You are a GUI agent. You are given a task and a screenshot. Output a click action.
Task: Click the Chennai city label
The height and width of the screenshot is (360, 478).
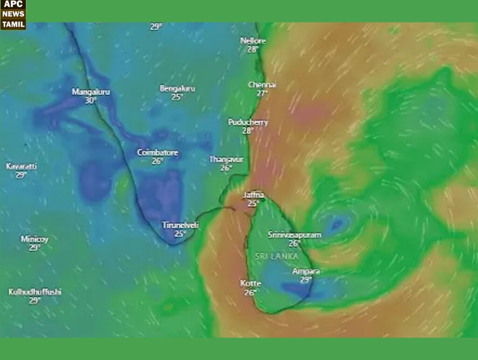[262, 85]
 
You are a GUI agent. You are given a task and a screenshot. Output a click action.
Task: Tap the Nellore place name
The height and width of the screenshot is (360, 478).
[253, 41]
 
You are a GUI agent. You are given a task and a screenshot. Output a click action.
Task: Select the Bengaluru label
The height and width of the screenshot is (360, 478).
[177, 88]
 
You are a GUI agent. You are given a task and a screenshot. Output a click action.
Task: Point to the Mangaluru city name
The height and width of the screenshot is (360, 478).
[91, 92]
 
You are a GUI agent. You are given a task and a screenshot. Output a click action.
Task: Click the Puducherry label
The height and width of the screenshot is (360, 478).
[248, 122]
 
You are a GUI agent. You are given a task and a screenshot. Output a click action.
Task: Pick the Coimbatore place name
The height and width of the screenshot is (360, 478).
[157, 153]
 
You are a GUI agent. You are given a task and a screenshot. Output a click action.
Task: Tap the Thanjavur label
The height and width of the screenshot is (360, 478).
[226, 159]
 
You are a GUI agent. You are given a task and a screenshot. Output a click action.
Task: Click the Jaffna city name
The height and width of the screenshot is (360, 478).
[253, 195]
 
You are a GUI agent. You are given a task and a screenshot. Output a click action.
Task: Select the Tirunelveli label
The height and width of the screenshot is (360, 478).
[181, 225]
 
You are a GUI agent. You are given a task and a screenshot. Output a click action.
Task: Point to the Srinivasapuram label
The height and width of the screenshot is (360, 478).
[295, 235]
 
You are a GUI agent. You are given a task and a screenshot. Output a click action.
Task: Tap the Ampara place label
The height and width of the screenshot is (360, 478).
[306, 271]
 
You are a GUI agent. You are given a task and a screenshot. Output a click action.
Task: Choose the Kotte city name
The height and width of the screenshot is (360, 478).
[251, 284]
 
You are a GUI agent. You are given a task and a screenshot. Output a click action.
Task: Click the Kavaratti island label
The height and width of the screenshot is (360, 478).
[21, 167]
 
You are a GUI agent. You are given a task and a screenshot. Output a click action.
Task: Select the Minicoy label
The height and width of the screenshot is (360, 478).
[35, 239]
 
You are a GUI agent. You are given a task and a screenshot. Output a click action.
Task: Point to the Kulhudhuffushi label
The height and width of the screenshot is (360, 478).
[35, 292]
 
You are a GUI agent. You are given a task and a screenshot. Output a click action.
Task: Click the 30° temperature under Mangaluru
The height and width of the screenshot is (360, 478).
[91, 100]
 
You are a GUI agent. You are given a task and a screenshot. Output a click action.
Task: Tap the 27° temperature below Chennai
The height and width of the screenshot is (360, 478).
[263, 93]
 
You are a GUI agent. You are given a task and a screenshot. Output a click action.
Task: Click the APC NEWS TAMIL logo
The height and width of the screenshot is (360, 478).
[13, 14]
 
